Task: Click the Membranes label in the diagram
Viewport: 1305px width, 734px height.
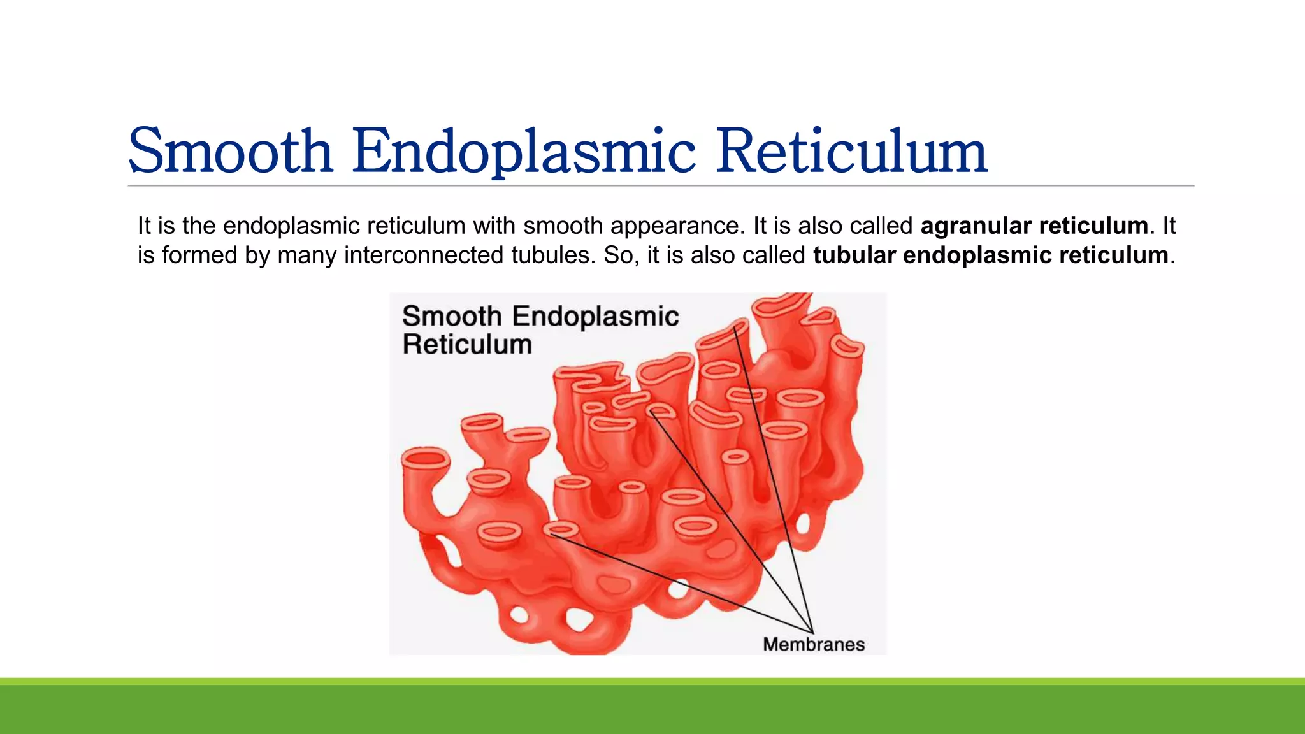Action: [x=814, y=645]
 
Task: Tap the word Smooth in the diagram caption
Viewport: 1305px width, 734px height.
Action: [x=452, y=317]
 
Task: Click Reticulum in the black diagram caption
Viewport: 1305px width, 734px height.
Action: [x=467, y=345]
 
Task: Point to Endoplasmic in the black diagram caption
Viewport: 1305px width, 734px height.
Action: [x=595, y=317]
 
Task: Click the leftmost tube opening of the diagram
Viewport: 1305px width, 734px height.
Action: [x=424, y=458]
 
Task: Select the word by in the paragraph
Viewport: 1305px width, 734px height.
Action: [x=257, y=255]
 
